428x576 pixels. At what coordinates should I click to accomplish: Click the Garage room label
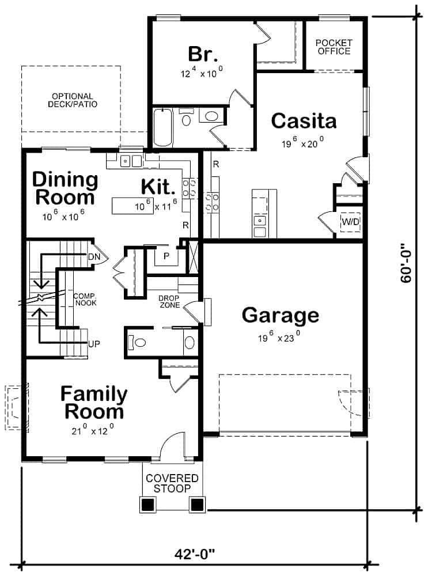[x=280, y=315]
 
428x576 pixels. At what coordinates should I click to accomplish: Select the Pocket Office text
[x=333, y=47]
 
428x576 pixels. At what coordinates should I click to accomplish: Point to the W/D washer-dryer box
[x=349, y=222]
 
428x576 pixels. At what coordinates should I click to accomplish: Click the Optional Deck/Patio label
[x=71, y=100]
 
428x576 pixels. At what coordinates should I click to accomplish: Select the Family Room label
[x=94, y=403]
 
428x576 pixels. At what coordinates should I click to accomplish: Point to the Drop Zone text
[x=169, y=301]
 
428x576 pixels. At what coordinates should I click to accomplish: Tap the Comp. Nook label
[x=85, y=299]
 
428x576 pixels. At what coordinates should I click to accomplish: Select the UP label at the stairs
[x=94, y=345]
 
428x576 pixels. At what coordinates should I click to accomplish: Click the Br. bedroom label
[x=203, y=55]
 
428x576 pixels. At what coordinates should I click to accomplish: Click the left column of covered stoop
[x=147, y=505]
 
